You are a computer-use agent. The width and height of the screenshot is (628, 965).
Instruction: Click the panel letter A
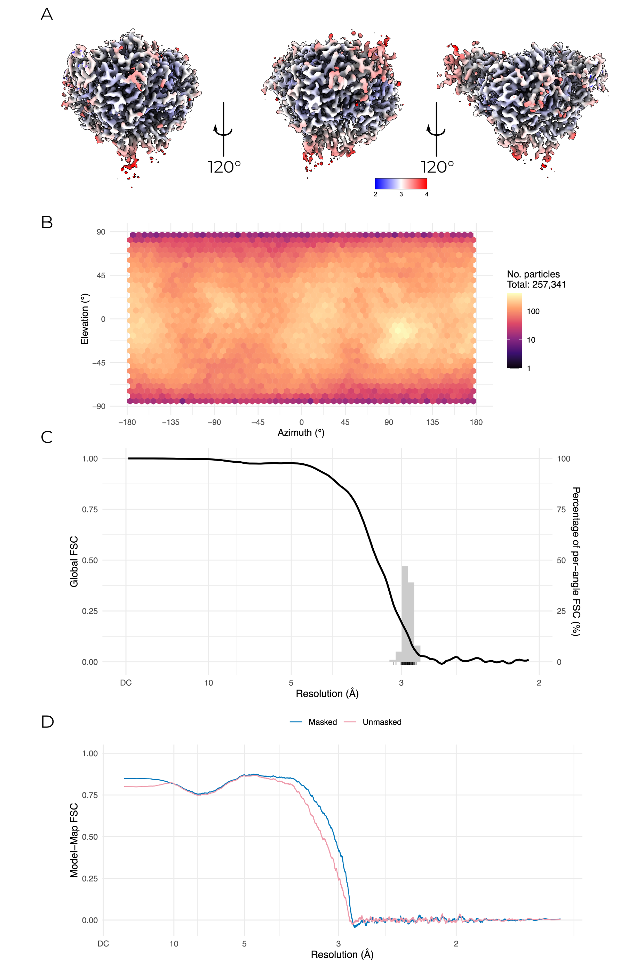point(47,14)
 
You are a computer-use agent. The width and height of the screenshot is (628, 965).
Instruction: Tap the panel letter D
point(47,721)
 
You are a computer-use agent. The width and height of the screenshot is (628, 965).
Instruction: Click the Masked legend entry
point(322,722)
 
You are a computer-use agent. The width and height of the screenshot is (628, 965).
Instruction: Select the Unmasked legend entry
point(382,722)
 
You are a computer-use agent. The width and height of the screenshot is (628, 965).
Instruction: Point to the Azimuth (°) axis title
point(301,433)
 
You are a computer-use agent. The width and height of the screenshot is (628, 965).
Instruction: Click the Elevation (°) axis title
point(84,319)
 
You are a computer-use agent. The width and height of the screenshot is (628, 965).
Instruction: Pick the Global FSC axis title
point(74,561)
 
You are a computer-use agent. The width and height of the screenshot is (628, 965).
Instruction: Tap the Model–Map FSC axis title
point(74,840)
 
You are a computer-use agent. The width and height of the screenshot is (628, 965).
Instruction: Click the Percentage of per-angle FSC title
point(576,561)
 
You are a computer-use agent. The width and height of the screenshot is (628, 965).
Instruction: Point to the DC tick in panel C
point(126,683)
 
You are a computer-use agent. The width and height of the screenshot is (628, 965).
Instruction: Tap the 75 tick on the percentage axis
point(561,510)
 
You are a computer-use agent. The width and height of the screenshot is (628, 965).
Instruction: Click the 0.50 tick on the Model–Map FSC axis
point(90,837)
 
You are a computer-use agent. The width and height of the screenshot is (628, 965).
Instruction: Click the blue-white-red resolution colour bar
point(400,184)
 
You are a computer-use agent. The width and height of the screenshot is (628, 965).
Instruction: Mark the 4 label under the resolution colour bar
point(427,194)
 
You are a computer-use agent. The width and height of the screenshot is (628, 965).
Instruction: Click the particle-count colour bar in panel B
point(514,330)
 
